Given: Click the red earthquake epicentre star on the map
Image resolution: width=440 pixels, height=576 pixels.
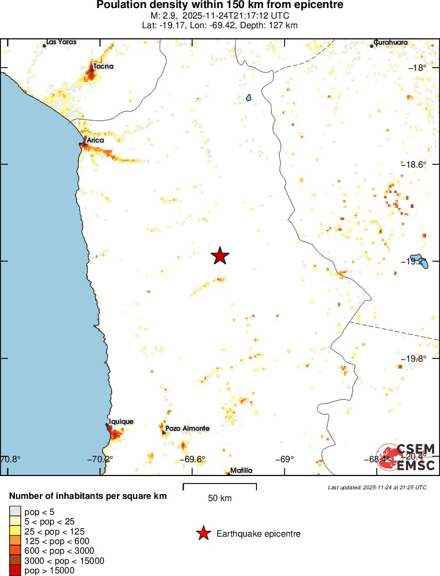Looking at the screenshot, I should tap(220, 256).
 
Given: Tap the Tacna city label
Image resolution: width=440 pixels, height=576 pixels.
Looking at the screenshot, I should tap(103, 66).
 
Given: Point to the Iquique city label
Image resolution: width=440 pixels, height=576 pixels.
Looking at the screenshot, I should tap(121, 421).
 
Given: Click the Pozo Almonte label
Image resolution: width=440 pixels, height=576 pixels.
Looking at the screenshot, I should tap(187, 428).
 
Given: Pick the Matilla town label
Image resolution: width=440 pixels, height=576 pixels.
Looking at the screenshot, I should tap(241, 470).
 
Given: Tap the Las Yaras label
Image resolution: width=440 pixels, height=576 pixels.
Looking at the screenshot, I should tap(61, 41).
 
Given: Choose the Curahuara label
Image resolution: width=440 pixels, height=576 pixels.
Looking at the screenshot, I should tap(391, 42).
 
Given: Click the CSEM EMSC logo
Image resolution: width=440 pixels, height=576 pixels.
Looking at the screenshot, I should tap(406, 457).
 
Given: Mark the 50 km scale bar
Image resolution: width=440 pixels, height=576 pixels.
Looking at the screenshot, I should tap(220, 486).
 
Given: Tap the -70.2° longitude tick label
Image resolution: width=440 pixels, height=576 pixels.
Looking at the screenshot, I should tap(99, 459).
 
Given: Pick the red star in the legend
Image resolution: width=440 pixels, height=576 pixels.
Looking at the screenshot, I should tap(203, 533).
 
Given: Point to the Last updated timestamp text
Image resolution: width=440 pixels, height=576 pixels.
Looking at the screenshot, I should tap(377, 487).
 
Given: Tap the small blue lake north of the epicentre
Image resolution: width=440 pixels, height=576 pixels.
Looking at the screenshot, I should tap(248, 98).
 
